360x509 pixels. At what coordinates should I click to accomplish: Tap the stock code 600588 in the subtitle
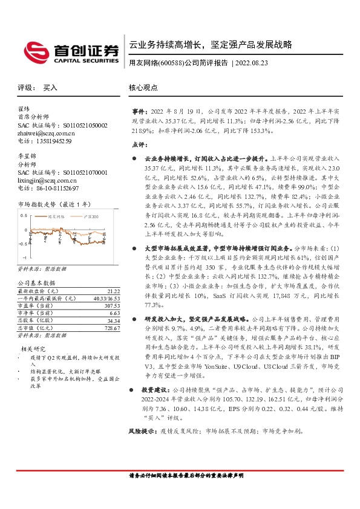pyautogui.click(x=171, y=62)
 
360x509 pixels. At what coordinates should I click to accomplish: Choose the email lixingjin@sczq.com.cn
pyautogui.click(x=47, y=180)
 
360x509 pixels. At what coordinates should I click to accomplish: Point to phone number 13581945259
pyautogui.click(x=54, y=141)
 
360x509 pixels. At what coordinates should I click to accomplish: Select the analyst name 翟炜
pyautogui.click(x=24, y=109)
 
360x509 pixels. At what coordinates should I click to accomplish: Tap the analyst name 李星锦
pyautogui.click(x=27, y=157)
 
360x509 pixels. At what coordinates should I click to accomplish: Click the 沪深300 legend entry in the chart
pyautogui.click(x=90, y=216)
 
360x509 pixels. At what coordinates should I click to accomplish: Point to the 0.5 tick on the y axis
pyautogui.click(x=24, y=215)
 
